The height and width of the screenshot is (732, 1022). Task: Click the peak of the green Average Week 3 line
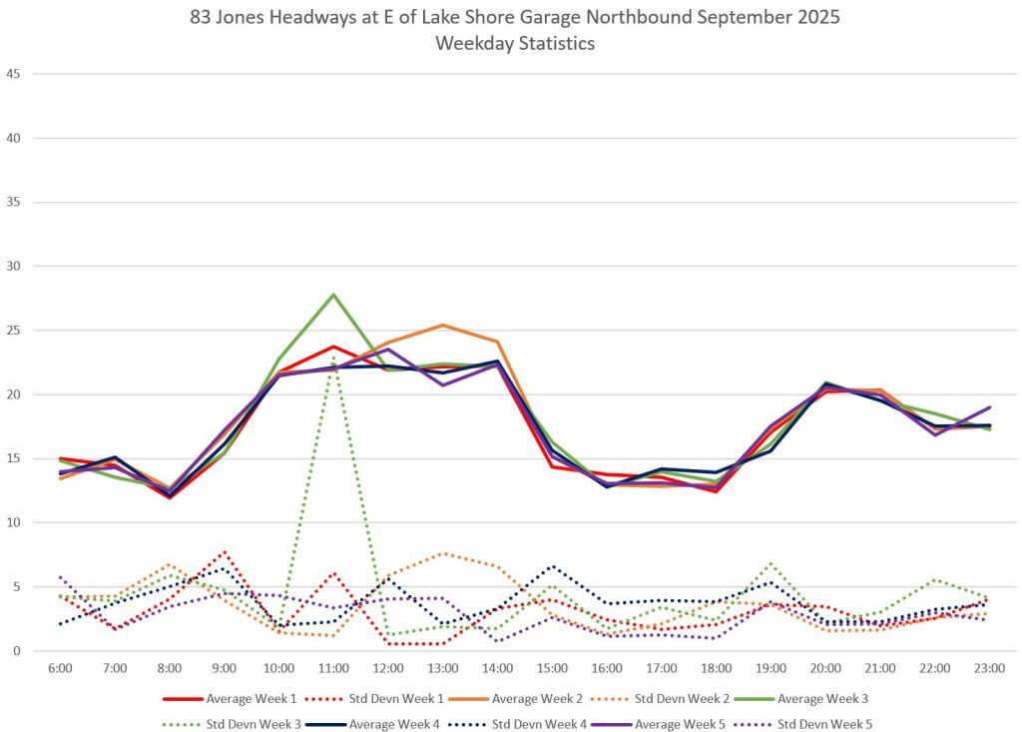333,295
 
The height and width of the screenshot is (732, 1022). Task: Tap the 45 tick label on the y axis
13,74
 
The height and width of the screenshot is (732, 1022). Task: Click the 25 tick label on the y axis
13,331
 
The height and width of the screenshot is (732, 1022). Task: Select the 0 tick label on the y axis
17,651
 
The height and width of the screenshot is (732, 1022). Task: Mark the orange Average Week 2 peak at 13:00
442,326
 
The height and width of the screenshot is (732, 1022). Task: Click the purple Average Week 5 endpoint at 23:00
989,407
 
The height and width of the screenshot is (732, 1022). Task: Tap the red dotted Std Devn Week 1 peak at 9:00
225,551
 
